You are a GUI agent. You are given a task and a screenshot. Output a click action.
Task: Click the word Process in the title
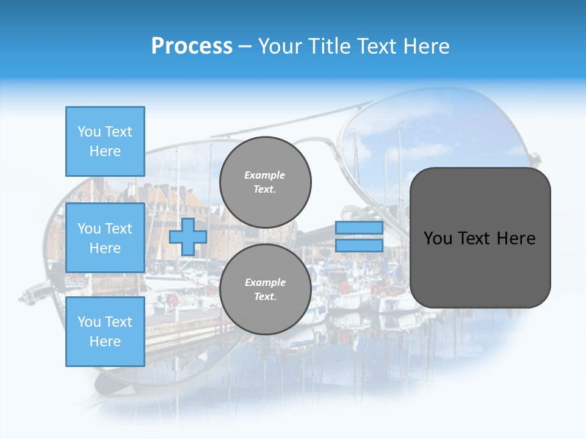(192, 46)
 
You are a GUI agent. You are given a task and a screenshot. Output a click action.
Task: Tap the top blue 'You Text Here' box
(105, 141)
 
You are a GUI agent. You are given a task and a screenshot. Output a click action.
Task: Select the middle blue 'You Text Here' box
(105, 238)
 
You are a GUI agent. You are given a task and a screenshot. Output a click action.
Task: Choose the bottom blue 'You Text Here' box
(105, 332)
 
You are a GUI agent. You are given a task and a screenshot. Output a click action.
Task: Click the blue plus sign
(187, 237)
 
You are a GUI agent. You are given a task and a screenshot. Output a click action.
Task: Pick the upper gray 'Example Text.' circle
(265, 182)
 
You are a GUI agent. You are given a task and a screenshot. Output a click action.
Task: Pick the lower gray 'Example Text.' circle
(265, 290)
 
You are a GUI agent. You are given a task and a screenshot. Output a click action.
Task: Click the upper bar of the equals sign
(359, 228)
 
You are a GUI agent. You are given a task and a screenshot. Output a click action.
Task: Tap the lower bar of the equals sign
(359, 246)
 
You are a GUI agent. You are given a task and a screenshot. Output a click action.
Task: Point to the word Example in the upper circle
(265, 175)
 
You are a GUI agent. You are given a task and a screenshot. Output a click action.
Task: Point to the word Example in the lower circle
(265, 282)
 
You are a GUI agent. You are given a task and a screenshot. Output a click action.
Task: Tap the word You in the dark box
(438, 238)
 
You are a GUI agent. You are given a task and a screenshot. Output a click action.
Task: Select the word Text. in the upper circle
(265, 190)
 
